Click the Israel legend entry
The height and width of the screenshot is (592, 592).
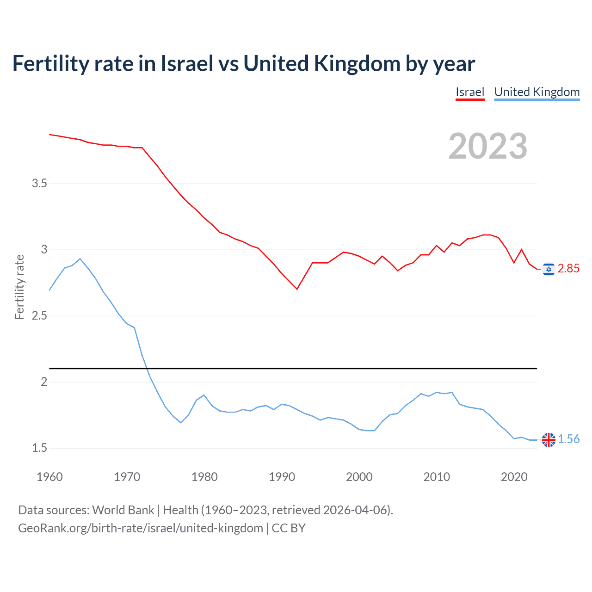click(x=469, y=92)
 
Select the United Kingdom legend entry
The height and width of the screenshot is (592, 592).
click(x=536, y=92)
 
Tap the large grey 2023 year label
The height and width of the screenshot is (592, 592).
click(x=487, y=146)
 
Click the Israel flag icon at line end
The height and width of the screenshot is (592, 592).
click(x=549, y=269)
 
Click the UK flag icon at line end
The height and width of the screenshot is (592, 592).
click(x=549, y=439)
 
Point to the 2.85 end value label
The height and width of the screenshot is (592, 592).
click(x=568, y=269)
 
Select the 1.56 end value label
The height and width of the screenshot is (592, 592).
click(x=568, y=439)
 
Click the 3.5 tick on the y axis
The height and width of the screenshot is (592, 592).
click(x=39, y=184)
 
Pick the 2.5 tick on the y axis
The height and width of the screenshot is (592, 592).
click(x=39, y=316)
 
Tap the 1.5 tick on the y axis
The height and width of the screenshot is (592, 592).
click(x=39, y=448)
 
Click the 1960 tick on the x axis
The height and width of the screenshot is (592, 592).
click(x=49, y=477)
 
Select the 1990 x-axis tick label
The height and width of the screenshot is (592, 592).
click(x=282, y=477)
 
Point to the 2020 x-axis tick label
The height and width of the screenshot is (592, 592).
click(x=514, y=477)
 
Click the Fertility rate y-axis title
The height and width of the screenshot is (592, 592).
click(x=19, y=287)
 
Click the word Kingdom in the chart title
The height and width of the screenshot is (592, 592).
click(x=357, y=64)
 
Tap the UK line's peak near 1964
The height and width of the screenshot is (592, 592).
click(x=80, y=259)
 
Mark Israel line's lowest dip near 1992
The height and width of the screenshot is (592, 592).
click(x=297, y=289)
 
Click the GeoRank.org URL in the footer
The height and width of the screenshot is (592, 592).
click(x=140, y=528)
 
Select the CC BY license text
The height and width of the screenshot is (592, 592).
click(x=289, y=528)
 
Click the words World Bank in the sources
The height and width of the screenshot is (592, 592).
click(x=123, y=510)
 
